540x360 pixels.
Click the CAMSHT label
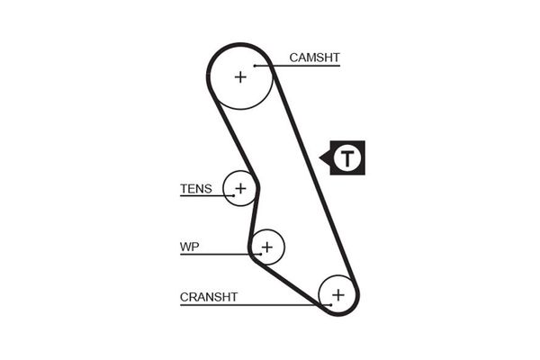[314, 58]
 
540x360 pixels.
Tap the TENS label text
[196, 189]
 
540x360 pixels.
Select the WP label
[189, 245]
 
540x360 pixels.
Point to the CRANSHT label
[209, 296]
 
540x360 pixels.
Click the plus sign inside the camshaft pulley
[240, 76]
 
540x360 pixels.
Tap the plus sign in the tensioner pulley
[240, 188]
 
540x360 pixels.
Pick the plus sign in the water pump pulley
[266, 245]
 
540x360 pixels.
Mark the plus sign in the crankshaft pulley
[337, 294]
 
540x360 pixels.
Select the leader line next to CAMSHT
[270, 66]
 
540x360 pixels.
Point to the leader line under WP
[216, 253]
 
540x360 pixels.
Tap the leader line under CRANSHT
[252, 305]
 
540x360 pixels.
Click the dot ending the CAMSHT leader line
[256, 66]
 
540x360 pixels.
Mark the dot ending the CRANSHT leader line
[330, 305]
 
